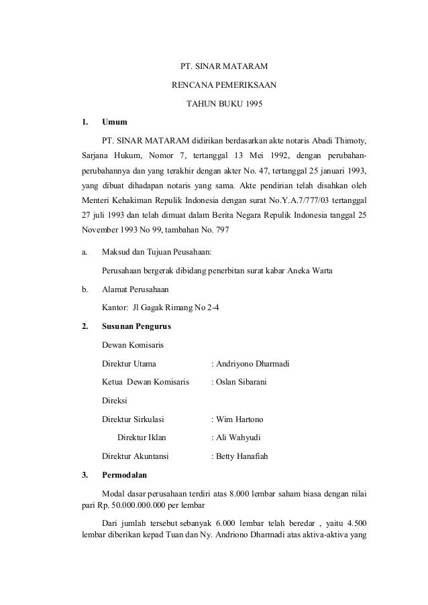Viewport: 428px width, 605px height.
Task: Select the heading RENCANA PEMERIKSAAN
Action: (x=224, y=86)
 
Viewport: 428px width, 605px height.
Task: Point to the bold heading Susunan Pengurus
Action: (x=136, y=328)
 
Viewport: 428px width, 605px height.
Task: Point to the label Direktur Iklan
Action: (x=142, y=438)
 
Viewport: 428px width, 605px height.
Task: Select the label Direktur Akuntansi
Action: (x=134, y=457)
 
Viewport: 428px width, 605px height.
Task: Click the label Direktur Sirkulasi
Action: (x=133, y=420)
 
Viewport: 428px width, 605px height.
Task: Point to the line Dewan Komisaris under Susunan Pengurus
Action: (x=131, y=346)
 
